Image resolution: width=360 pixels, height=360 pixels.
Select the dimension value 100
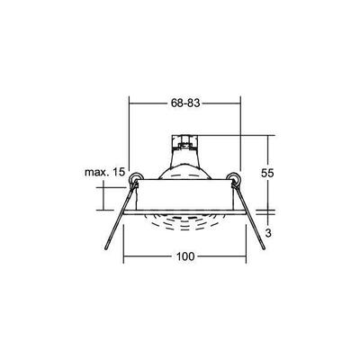coord(185,257)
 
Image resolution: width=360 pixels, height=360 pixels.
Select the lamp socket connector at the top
coord(185,143)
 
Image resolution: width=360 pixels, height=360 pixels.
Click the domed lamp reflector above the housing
coord(185,166)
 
